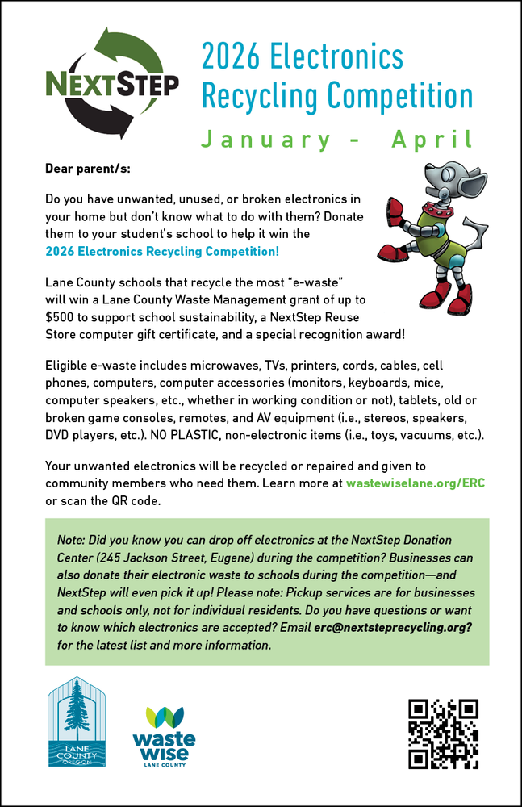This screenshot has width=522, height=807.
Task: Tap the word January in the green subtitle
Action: pyautogui.click(x=265, y=140)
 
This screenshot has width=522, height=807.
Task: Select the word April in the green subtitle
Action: pyautogui.click(x=432, y=140)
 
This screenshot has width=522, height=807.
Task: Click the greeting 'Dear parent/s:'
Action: pyautogui.click(x=87, y=171)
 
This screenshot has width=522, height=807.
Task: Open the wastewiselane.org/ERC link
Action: pyautogui.click(x=416, y=483)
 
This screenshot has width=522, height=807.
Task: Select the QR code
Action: pyautogui.click(x=443, y=734)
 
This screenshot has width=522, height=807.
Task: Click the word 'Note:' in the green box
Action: pyautogui.click(x=73, y=539)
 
